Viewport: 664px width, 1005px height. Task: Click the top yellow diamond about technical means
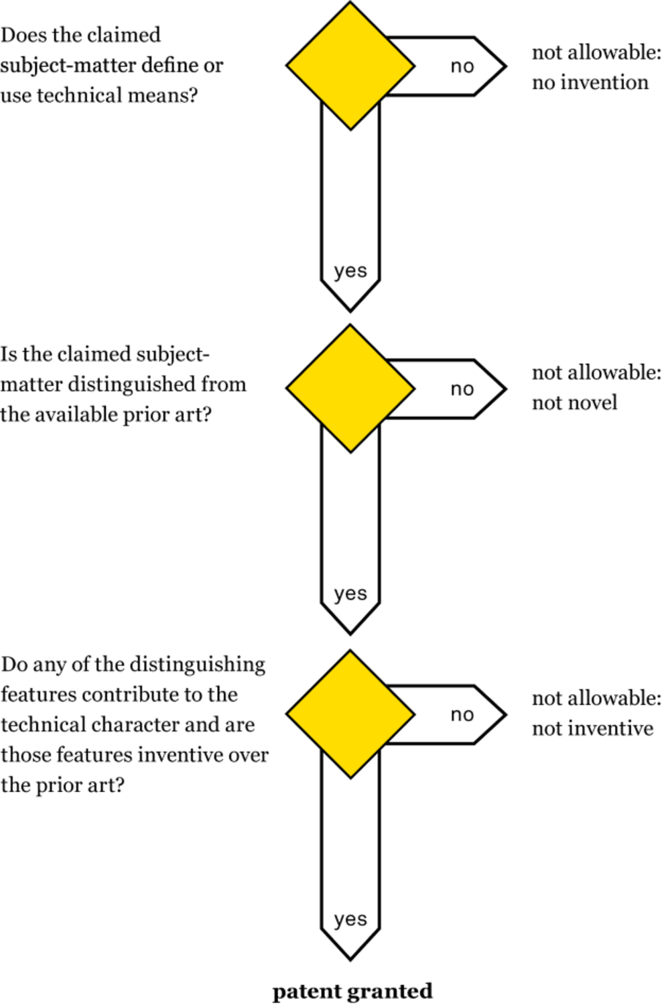pos(350,66)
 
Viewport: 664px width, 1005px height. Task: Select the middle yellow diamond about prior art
pos(350,389)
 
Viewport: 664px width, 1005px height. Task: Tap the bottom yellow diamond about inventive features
pos(350,714)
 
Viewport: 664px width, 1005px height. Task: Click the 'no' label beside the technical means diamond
pos(462,66)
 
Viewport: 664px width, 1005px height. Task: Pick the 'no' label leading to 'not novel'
pos(462,389)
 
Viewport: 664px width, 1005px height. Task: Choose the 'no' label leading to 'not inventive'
pos(462,715)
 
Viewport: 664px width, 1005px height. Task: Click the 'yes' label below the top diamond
pos(350,271)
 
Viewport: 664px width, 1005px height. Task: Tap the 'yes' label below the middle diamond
pos(350,594)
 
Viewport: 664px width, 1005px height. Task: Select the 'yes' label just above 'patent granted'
pos(350,919)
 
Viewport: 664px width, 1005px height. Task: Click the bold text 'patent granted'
pos(352,991)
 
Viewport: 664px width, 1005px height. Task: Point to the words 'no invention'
pos(590,82)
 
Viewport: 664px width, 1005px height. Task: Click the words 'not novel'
pos(575,403)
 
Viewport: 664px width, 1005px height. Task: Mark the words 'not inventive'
pos(592,728)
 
